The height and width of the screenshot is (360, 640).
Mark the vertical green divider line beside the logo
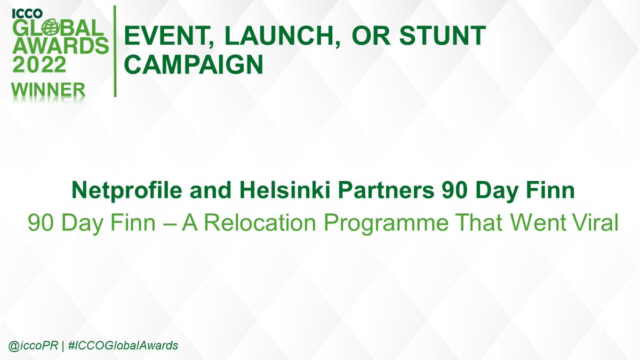click(115, 51)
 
